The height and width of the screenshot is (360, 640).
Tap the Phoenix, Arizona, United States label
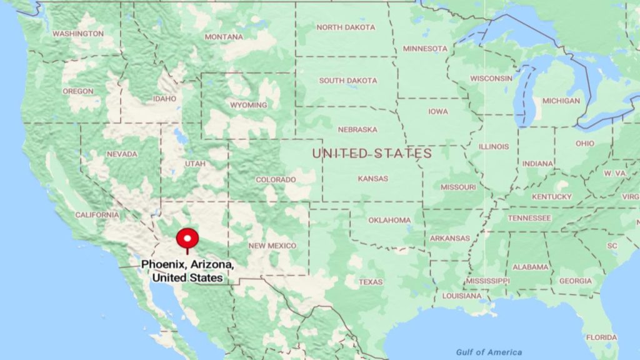[188, 271]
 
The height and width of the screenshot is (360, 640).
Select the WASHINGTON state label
[78, 33]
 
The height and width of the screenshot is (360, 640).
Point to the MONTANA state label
[224, 37]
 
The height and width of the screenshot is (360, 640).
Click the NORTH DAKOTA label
[346, 27]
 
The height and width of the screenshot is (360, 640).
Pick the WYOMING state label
[248, 105]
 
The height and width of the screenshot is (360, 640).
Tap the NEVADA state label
[122, 154]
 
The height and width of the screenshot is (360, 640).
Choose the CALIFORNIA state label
[97, 214]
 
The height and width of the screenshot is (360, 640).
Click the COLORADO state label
[276, 179]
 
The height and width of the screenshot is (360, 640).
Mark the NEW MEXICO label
[272, 246]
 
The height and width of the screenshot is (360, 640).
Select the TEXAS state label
[371, 282]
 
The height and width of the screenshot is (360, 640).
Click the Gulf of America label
[489, 352]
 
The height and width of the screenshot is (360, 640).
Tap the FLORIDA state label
[602, 337]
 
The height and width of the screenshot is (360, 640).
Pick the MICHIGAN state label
[561, 101]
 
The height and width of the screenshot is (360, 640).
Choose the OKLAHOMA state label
[389, 220]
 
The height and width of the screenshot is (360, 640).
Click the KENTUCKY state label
[552, 197]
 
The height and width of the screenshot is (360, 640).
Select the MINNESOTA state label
[425, 49]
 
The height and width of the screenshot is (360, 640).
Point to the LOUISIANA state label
[462, 296]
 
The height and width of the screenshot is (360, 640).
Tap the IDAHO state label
[165, 99]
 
